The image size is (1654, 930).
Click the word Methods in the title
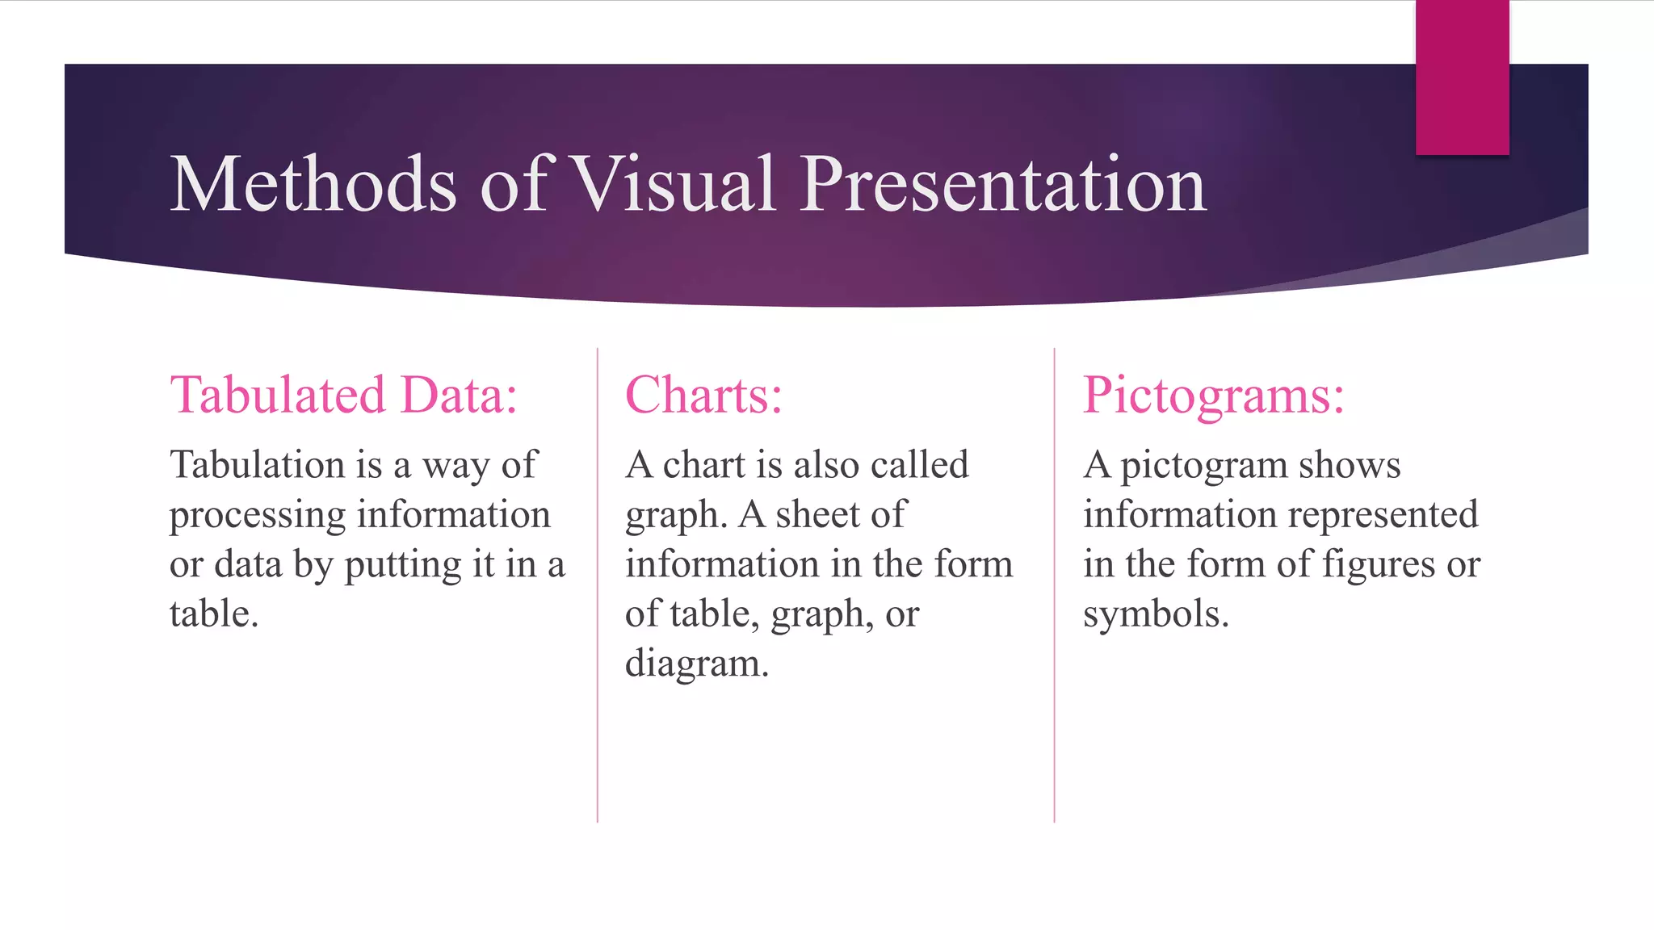[x=313, y=185]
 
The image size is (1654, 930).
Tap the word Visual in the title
[x=674, y=185]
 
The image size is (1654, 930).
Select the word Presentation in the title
[x=1003, y=185]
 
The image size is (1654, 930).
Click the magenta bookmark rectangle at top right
[x=1462, y=77]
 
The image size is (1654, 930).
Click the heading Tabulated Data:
[x=343, y=396]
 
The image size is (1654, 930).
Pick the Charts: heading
[x=703, y=396]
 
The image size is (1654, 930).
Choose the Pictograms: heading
[x=1213, y=396]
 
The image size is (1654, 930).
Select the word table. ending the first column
[x=213, y=614]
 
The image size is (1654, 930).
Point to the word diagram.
[x=696, y=664]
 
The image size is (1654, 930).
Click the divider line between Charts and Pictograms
[x=1054, y=585]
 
